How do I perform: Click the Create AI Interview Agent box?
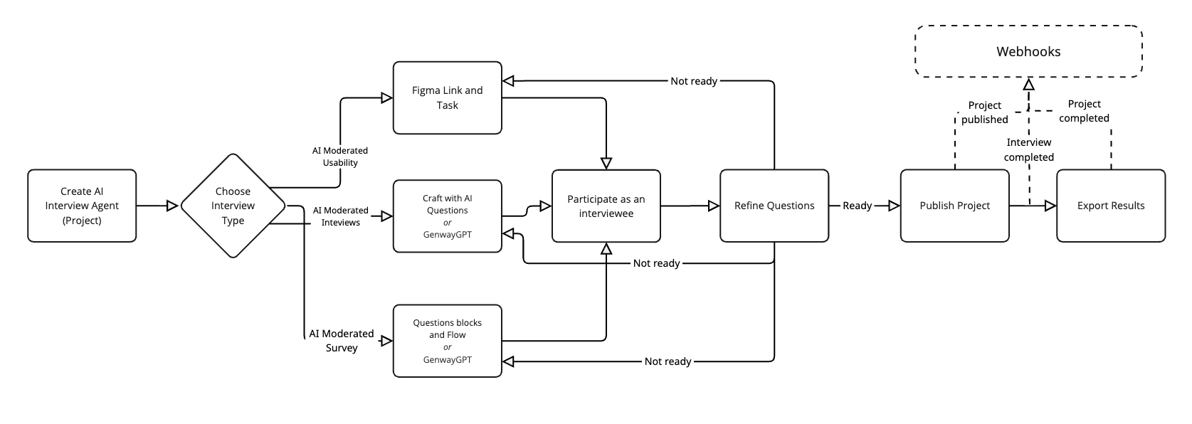[82, 206]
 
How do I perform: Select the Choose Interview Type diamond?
[233, 206]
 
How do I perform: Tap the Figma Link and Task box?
[447, 97]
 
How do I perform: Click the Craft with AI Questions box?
[447, 216]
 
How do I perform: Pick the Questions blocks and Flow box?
[447, 341]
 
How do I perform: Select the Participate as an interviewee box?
[606, 206]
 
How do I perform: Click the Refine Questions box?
[774, 206]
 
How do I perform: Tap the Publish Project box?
[954, 206]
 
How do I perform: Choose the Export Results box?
[1110, 206]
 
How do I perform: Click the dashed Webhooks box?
[1028, 51]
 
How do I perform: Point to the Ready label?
[857, 206]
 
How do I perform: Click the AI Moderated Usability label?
[340, 157]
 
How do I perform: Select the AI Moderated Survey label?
[342, 341]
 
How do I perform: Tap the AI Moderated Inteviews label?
[340, 216]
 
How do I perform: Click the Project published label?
[985, 112]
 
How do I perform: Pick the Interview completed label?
[1029, 149]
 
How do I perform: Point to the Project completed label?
[1084, 111]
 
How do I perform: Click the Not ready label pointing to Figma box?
[694, 81]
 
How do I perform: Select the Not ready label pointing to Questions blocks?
[668, 361]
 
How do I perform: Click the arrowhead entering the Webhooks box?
[1028, 84]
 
